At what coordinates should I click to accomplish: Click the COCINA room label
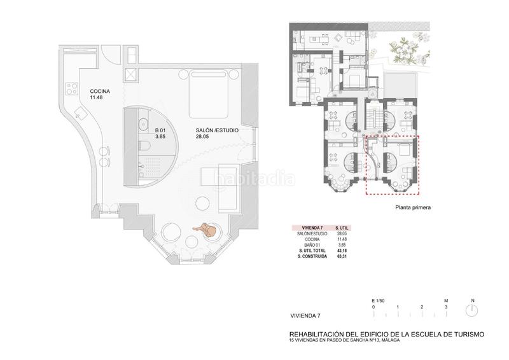click(x=100, y=92)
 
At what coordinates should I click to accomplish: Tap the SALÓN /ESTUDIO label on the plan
click(x=217, y=130)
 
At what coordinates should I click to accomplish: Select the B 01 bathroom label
click(x=160, y=130)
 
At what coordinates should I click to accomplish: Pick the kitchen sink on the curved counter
click(x=80, y=113)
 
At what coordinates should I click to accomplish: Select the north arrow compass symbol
click(x=472, y=310)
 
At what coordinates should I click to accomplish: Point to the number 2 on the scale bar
click(x=422, y=307)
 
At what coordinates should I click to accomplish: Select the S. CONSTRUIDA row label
click(x=312, y=256)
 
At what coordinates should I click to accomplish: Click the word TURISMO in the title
click(x=463, y=333)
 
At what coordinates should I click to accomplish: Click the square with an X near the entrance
click(x=131, y=75)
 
